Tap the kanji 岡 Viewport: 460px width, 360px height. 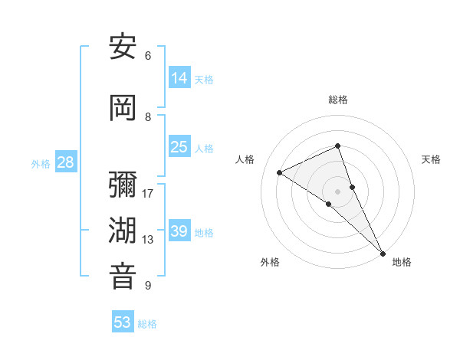pos(123,108)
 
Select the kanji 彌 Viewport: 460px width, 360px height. pos(123,185)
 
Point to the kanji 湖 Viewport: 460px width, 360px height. pos(123,231)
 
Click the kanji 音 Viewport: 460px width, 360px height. pos(123,277)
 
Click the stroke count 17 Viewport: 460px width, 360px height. pos(148,193)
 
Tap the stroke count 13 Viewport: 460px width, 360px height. pos(148,240)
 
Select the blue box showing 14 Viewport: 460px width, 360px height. pos(179,77)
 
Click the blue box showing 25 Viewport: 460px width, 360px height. pos(179,147)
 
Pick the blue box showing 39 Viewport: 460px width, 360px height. pos(179,231)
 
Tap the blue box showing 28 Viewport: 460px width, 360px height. pos(65,162)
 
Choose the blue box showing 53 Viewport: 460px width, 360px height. pos(123,322)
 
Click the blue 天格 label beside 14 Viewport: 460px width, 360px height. pos(204,79)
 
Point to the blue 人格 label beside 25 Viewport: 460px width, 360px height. pos(204,149)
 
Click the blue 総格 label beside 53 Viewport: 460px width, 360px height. pos(147,324)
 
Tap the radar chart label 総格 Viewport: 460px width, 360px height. pos(337,100)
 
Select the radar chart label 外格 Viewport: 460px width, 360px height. pos(270,262)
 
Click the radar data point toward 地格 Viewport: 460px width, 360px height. pos(383,252)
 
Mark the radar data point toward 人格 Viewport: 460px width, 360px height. pos(280,172)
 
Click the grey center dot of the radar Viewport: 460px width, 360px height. pos(337,191)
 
